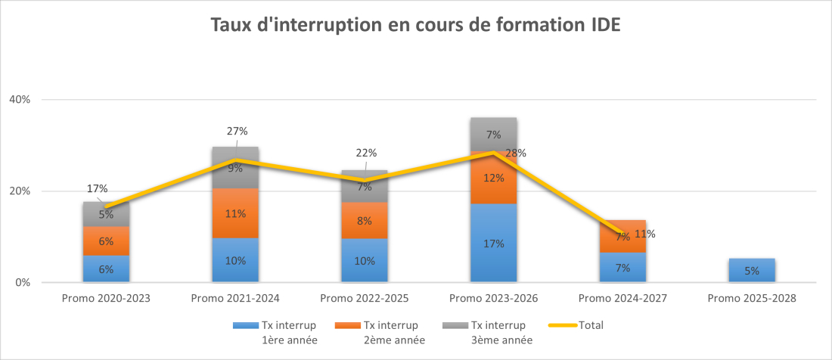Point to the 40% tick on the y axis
coord(20,100)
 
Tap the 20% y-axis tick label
coord(20,191)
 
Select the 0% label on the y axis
coord(23,283)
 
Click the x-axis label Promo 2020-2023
coord(106,299)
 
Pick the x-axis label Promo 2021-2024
coord(235,299)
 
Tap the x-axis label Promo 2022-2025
coord(365,299)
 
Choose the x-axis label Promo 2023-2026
coord(493,299)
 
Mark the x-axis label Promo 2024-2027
coord(622,299)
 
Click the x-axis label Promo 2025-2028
coord(752,299)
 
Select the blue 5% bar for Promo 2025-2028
coord(752,271)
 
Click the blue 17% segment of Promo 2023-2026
coord(493,244)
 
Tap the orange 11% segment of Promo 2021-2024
coord(235,213)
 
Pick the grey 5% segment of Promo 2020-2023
coord(106,214)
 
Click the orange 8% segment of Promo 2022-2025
coord(365,221)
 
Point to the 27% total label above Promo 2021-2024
coord(237,131)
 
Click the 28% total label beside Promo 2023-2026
coord(517,153)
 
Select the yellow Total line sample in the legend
coord(563,325)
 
